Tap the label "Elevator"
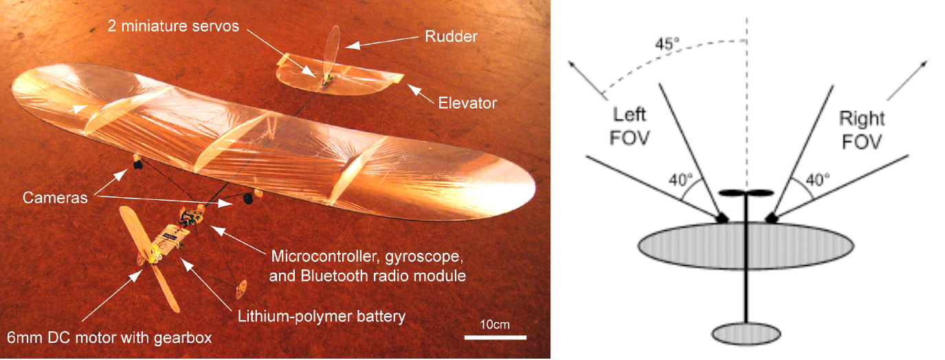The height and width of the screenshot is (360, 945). [467, 103]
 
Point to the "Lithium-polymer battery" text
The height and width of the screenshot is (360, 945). [322, 317]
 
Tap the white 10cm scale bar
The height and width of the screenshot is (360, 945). [495, 337]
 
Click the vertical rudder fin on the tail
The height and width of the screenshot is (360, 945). [333, 49]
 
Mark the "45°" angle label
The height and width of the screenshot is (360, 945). [667, 43]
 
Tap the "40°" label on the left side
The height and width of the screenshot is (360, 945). [680, 181]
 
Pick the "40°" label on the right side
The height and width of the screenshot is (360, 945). [817, 180]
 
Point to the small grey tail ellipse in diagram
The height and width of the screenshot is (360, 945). [746, 334]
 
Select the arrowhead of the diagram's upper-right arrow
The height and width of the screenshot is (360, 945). [922, 64]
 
